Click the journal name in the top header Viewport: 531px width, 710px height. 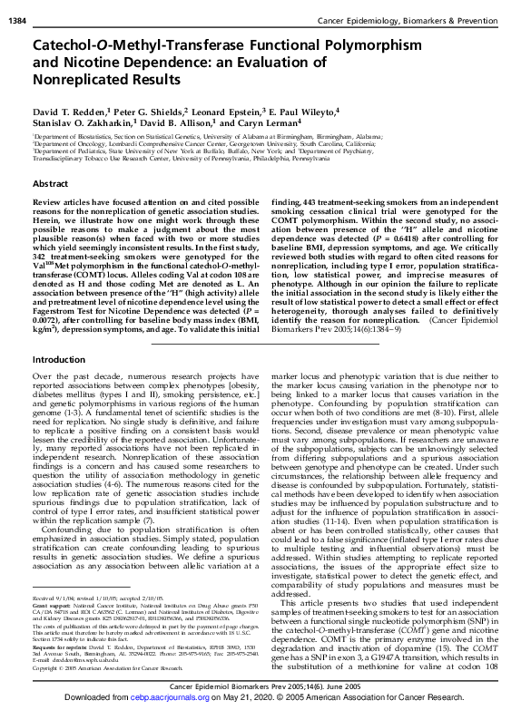[x=426, y=9]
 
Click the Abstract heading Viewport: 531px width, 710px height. [x=51, y=183]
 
